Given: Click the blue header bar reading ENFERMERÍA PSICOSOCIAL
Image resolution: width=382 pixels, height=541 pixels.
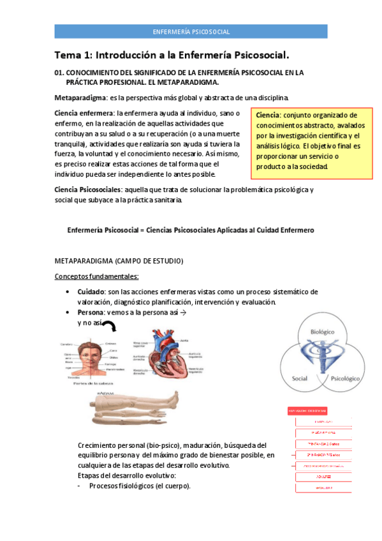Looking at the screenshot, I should click(x=191, y=31).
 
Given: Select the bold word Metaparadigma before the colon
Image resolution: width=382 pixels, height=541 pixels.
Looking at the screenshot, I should click(x=80, y=98).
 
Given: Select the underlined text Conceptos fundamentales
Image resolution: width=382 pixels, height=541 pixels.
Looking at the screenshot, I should click(x=96, y=276).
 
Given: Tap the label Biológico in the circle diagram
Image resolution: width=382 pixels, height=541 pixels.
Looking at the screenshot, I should click(x=323, y=332).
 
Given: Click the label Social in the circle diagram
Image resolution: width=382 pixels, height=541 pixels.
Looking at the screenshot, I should click(x=299, y=378).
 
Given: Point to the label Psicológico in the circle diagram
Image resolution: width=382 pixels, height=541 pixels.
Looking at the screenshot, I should click(x=347, y=378).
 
